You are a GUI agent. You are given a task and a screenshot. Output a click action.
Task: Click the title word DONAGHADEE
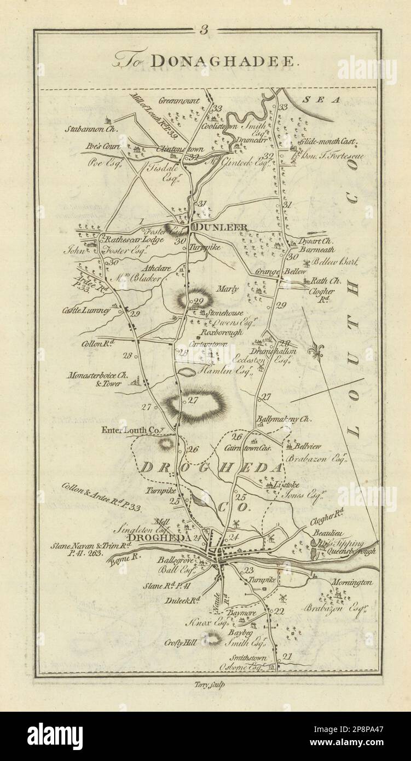224,62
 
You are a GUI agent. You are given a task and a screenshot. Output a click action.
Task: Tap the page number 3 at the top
204,31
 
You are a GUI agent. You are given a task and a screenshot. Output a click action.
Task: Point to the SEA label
329,100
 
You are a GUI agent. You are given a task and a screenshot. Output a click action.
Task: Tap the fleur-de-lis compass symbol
315,351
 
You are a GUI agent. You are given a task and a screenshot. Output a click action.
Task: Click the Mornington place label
354,583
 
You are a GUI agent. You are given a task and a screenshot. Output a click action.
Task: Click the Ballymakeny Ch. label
283,419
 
